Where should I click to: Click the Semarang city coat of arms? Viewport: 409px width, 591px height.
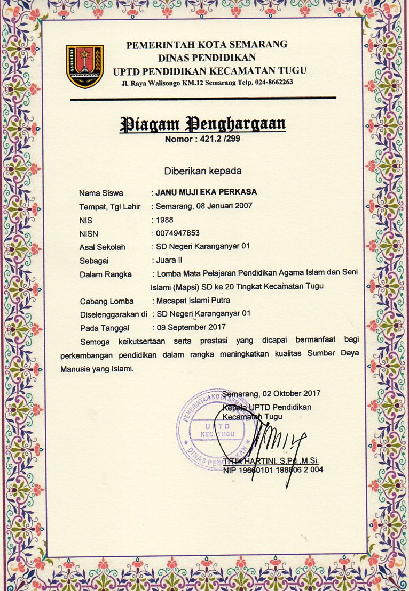click(84, 66)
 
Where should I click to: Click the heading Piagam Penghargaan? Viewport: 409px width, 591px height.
click(203, 124)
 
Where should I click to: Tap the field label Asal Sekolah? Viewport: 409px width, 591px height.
click(103, 246)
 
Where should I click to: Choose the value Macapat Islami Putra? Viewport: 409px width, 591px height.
click(193, 301)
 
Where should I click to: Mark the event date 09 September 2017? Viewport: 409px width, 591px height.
click(191, 327)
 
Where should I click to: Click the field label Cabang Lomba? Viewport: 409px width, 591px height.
click(107, 301)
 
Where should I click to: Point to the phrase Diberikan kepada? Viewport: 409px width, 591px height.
click(202, 171)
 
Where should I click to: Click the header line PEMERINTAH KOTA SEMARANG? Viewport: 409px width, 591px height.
click(207, 45)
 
